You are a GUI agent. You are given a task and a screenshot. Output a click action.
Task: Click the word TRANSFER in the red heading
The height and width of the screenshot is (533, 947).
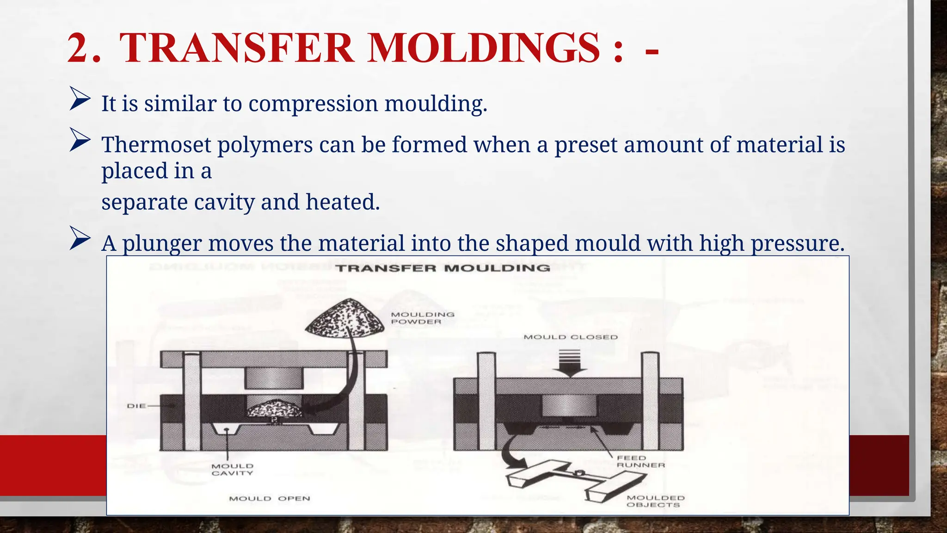[x=236, y=49]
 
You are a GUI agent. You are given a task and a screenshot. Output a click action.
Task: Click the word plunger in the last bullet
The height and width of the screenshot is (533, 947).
[x=162, y=243]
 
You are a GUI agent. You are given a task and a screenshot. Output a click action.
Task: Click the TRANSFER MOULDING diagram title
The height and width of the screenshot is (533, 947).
[x=443, y=268]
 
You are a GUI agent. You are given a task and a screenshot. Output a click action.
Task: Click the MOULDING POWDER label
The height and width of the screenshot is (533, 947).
[x=422, y=318]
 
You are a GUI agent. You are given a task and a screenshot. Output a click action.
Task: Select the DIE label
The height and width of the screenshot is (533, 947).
[x=137, y=406]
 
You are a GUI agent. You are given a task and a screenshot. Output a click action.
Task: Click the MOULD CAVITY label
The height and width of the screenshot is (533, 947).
[x=233, y=469]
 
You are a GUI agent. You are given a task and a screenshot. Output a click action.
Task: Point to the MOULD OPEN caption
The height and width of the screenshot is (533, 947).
[x=269, y=498]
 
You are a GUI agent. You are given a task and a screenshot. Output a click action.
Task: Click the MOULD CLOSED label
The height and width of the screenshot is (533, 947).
[x=570, y=337]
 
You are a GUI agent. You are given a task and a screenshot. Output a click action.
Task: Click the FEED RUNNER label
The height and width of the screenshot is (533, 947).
[x=640, y=461]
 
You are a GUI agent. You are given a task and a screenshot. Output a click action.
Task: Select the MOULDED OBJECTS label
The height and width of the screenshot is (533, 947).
[x=655, y=501]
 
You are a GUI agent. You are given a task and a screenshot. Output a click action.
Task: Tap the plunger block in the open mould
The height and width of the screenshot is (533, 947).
[x=274, y=378]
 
